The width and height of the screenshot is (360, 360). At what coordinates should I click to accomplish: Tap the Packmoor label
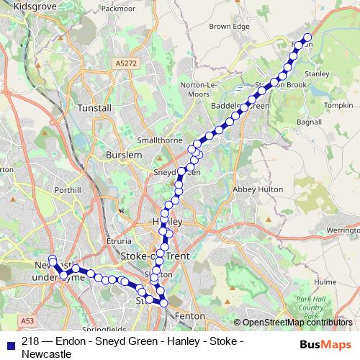click(119, 9)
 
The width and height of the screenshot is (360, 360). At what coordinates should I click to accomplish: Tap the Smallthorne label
click(159, 140)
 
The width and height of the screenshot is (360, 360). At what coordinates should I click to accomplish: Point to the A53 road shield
click(27, 320)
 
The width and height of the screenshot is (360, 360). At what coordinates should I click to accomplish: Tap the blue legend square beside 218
click(12, 344)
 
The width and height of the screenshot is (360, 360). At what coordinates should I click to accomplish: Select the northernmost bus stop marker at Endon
click(307, 37)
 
